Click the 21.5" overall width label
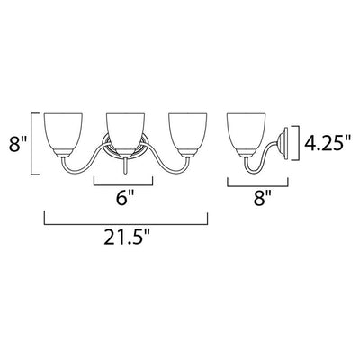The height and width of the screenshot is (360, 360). point(127,238)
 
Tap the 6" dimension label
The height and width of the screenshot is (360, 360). point(125,198)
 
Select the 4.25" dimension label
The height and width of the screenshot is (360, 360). point(328,143)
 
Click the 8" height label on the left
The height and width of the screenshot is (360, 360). point(18,143)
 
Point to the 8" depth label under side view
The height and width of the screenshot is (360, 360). point(263,198)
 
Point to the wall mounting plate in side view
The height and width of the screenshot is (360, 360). point(284,143)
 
